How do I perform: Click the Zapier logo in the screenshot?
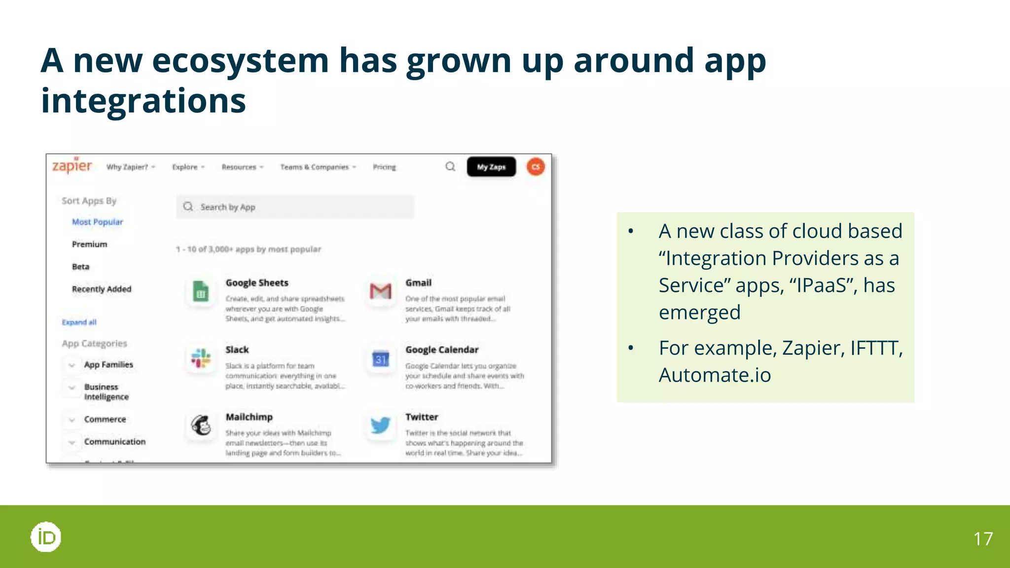[72, 166]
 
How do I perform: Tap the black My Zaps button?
[491, 167]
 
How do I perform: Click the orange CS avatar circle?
[536, 167]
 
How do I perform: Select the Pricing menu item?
[384, 167]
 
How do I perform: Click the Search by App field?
[295, 207]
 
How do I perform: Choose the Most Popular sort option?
[97, 222]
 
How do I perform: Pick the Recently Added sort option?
[102, 289]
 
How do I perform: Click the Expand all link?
[79, 322]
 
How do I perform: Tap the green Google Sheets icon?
[201, 291]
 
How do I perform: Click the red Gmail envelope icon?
[381, 291]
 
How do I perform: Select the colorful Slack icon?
[201, 358]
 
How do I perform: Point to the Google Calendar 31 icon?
[381, 359]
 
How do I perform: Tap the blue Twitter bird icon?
[381, 425]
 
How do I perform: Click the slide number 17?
[983, 539]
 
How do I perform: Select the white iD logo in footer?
[46, 537]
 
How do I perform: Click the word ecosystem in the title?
[240, 61]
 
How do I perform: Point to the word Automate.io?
[715, 375]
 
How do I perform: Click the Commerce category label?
[105, 419]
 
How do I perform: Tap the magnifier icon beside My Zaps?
[450, 167]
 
